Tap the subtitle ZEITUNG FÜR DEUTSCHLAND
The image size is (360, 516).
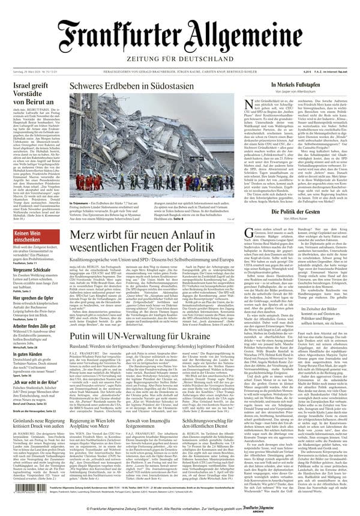pos(179,59)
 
